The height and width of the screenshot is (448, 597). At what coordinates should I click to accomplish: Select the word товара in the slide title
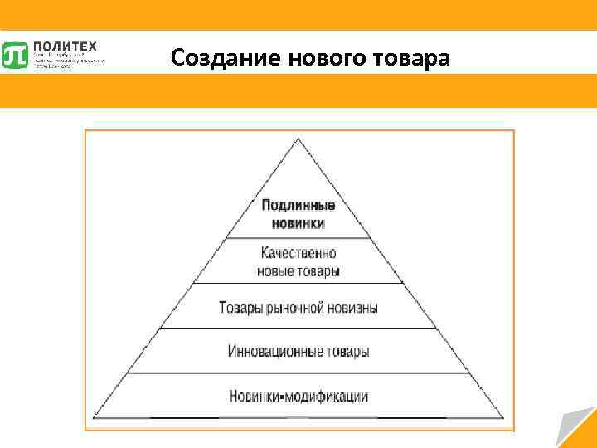pos(411,58)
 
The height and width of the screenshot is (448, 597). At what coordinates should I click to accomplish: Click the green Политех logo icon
pos(16,55)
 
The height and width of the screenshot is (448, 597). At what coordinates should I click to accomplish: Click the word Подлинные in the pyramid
pos(298,206)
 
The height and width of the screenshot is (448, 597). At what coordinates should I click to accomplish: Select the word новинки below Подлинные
pos(298,223)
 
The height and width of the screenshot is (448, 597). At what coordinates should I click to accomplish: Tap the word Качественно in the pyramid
pos(298,253)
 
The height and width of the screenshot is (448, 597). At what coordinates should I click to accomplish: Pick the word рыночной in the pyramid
pos(298,307)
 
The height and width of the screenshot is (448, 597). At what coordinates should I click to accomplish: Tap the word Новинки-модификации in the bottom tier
pos(298,396)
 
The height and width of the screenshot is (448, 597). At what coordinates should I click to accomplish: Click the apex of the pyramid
pos(298,138)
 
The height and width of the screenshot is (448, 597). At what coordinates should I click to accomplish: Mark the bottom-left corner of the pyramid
pos(93,416)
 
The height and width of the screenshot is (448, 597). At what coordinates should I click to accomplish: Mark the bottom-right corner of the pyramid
pos(505,416)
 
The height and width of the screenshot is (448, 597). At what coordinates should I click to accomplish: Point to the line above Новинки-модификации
pos(298,373)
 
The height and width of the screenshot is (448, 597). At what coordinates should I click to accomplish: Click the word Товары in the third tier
pos(240,307)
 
